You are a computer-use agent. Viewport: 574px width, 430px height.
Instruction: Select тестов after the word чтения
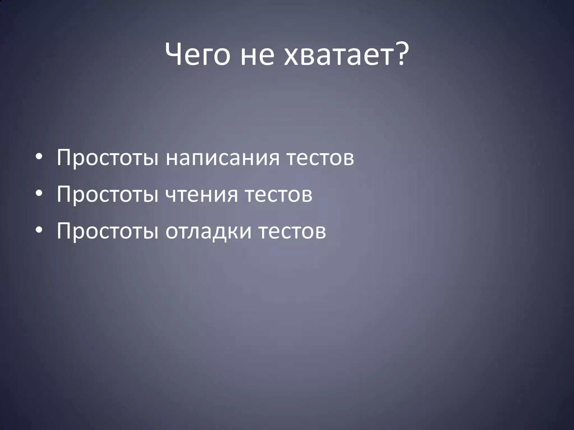tap(279, 194)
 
